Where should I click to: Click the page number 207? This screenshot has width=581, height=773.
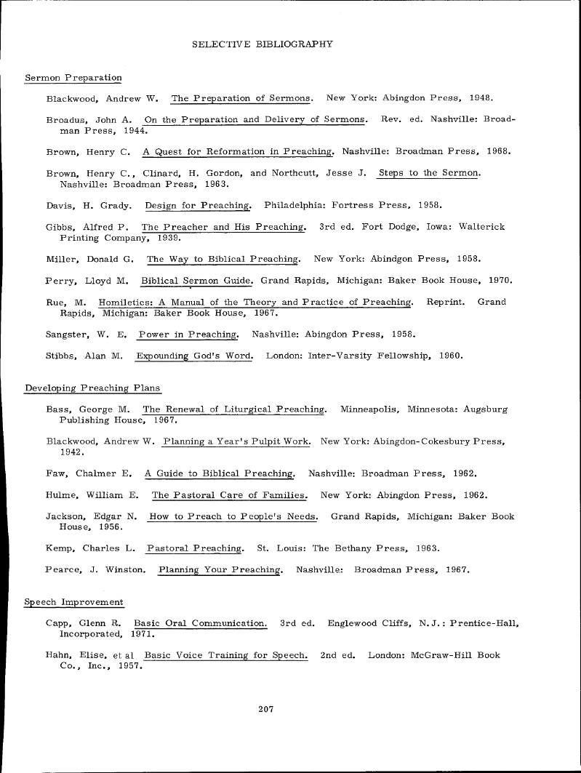pos(265,709)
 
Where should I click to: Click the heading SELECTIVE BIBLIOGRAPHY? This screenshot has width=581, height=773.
pos(263,44)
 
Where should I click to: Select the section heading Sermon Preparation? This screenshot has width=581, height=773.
pos(73,78)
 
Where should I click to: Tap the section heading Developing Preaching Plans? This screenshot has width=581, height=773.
pos(92,388)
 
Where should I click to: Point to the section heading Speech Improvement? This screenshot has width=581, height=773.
pos(73,602)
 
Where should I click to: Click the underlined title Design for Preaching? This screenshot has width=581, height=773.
pos(198,205)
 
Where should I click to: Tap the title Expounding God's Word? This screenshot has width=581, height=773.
pos(194,356)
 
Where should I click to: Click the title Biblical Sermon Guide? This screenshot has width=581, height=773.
pos(196,281)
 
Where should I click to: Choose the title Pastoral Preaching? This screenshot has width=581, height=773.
pos(194,548)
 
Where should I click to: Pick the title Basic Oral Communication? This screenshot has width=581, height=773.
pos(201,624)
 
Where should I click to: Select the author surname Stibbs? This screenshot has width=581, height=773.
pos(61,356)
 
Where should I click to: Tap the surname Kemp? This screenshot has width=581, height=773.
pos(59,548)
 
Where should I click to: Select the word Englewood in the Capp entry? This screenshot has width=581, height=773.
pos(352,624)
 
